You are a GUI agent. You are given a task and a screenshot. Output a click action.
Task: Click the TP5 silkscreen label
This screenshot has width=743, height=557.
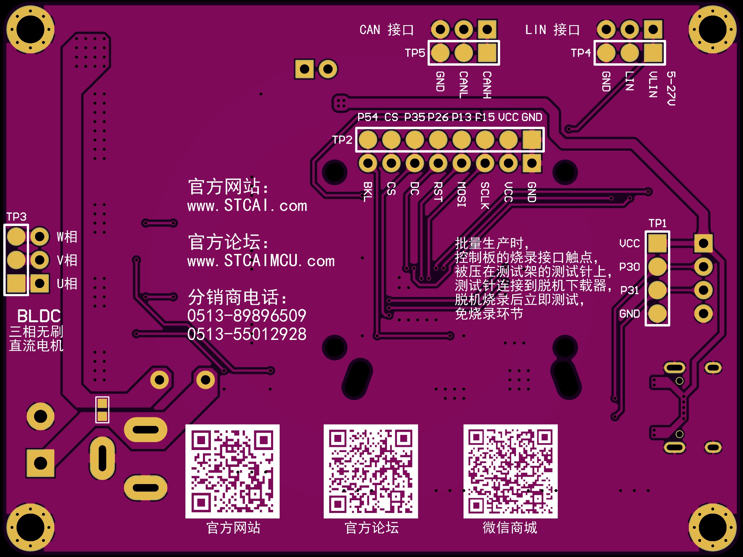click(x=415, y=53)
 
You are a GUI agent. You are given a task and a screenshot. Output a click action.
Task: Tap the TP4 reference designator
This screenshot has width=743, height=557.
click(x=581, y=53)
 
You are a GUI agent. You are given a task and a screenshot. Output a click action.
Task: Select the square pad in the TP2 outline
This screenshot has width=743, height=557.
click(x=532, y=140)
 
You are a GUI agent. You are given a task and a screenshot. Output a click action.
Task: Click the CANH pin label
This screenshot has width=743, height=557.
click(x=487, y=85)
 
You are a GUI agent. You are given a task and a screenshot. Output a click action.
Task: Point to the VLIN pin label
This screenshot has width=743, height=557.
click(x=653, y=85)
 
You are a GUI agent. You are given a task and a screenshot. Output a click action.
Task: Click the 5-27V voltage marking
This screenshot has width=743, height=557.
click(x=671, y=88)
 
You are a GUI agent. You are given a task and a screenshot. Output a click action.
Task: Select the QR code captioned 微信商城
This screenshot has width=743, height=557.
click(x=510, y=471)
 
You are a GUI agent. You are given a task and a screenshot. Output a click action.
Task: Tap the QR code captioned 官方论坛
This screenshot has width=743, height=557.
click(x=371, y=471)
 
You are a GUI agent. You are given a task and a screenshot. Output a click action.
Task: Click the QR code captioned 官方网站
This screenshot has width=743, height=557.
click(x=233, y=471)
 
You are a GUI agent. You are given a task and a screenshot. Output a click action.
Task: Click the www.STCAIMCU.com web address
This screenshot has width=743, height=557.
click(x=261, y=261)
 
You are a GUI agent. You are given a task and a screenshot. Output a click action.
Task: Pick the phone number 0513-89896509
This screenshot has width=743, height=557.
click(x=247, y=316)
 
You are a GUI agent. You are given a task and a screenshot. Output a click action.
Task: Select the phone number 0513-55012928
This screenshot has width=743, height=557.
click(x=247, y=334)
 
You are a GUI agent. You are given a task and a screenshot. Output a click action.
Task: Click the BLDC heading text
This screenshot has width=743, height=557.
click(x=39, y=316)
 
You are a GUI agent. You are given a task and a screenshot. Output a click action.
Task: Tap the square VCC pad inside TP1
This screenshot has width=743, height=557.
click(x=657, y=243)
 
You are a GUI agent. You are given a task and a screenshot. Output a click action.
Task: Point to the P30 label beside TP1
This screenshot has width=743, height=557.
click(x=629, y=267)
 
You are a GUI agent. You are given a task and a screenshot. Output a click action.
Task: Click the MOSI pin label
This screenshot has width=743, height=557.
click(x=461, y=194)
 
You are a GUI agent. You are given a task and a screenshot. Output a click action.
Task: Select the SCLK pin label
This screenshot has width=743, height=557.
click(x=485, y=195)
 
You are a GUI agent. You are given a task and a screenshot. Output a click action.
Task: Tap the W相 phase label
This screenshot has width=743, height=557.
click(x=67, y=237)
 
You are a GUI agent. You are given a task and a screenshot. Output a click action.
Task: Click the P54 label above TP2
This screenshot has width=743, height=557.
click(x=367, y=117)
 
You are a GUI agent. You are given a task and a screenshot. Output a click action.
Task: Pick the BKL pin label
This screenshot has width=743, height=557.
click(x=368, y=192)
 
